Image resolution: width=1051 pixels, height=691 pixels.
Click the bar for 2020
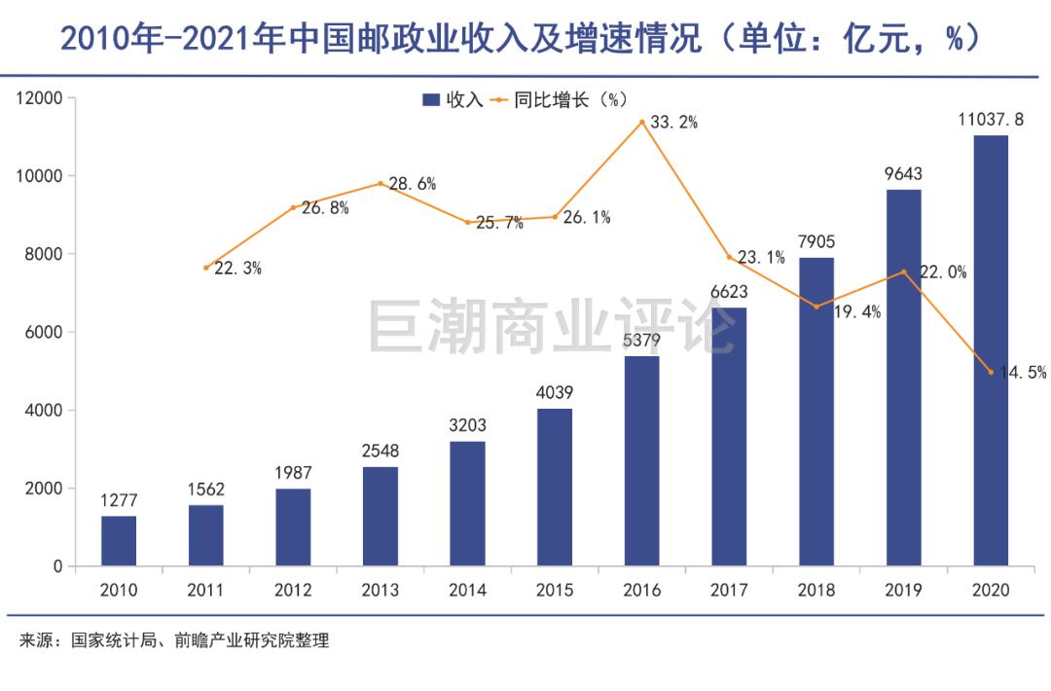[991, 350]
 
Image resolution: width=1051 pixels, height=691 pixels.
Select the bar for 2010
[119, 540]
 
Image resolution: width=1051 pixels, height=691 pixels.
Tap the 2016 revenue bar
[642, 460]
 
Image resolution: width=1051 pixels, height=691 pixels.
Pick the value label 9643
[903, 174]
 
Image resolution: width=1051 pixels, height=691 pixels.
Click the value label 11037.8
[991, 120]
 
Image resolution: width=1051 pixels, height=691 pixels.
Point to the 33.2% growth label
[673, 123]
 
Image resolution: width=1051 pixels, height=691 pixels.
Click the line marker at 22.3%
[206, 268]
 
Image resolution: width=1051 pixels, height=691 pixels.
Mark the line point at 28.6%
[381, 183]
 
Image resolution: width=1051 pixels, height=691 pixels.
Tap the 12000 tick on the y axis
[38, 98]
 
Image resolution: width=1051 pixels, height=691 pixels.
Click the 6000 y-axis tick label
[43, 333]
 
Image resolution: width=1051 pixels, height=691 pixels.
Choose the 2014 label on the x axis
[467, 591]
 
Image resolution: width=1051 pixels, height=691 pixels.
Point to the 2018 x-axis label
[816, 591]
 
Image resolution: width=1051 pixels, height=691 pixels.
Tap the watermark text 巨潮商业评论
[551, 326]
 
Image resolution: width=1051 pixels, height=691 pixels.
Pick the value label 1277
[119, 500]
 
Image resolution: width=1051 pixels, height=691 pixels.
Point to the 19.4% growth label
[857, 311]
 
